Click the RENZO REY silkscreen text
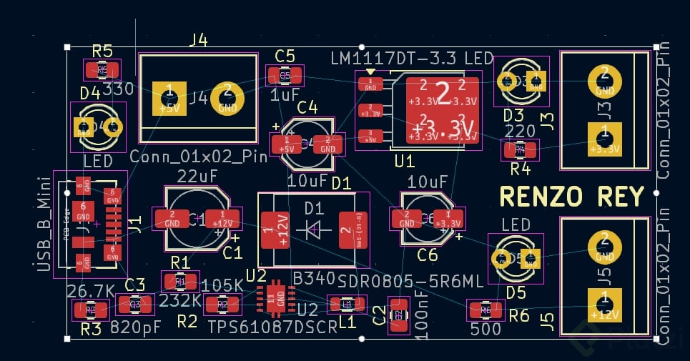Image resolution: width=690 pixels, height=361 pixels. point(571,195)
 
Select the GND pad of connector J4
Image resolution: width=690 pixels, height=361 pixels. point(227,98)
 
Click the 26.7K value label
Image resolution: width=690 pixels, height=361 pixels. point(90,291)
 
